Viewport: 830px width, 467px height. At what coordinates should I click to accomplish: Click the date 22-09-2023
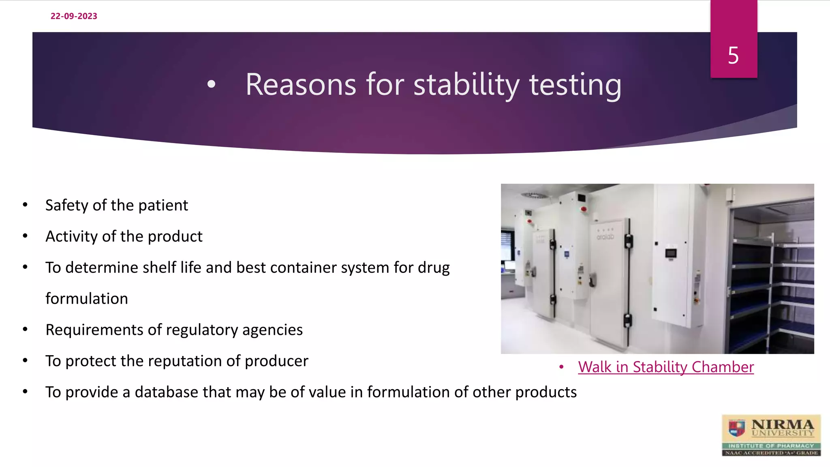coord(74,16)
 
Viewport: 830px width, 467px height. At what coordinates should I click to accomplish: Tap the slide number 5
coord(733,56)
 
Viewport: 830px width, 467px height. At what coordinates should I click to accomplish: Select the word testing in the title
coord(575,85)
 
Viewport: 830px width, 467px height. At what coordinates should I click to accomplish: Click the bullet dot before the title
coord(211,84)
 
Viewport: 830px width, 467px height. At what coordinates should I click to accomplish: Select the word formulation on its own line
coord(87,299)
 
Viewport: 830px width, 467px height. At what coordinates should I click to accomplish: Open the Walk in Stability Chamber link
coord(665,367)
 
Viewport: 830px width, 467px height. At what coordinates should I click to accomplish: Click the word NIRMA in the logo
coord(782,424)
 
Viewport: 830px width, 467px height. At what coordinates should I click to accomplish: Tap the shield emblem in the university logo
coord(737,428)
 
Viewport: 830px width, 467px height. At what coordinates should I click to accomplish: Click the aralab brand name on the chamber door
coord(605,237)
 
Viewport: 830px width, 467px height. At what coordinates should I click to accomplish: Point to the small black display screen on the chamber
coord(671,254)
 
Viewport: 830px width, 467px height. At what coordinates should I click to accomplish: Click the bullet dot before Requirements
coord(25,330)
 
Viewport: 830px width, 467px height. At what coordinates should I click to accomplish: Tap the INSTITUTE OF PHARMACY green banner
coord(771,446)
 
